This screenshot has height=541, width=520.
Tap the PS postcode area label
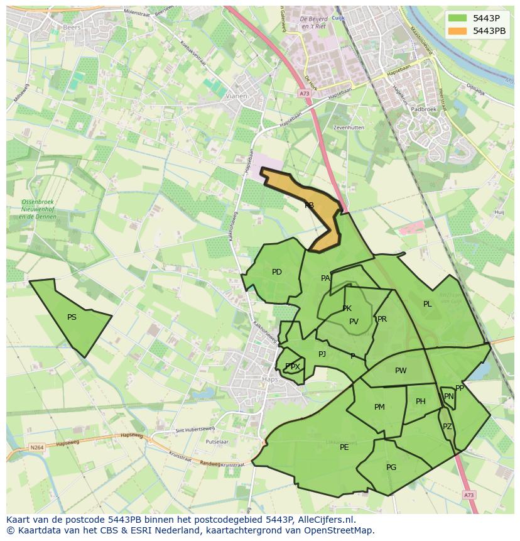72,317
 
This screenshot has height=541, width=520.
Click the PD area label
277,272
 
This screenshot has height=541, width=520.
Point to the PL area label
428,304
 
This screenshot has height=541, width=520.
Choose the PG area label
391,467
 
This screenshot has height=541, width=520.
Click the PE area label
344,447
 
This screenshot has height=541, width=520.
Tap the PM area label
379,407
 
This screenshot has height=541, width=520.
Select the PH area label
421,402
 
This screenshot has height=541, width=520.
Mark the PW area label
401,371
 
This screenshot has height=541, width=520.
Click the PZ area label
447,427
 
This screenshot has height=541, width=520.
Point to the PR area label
382,319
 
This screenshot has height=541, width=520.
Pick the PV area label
354,322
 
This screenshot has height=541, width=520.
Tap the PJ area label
322,354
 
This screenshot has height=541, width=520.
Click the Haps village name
269,379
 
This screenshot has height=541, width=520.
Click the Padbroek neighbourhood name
423,109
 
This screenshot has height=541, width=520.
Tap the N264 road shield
36,448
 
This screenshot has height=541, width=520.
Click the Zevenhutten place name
349,127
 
